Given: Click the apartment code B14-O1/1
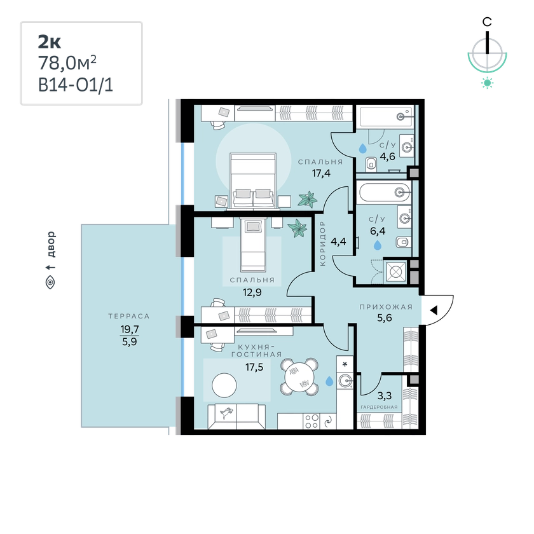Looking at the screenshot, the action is (75, 85).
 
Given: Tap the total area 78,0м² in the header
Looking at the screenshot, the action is (67, 63).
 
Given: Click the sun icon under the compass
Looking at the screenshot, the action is (488, 83).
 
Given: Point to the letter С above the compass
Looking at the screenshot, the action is (487, 22).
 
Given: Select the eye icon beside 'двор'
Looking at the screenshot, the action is (50, 282).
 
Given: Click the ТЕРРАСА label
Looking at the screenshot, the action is (129, 316).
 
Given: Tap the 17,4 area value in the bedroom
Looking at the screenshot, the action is (321, 174).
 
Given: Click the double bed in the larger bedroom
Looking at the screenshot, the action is (253, 181).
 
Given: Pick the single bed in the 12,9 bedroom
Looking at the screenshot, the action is (253, 245).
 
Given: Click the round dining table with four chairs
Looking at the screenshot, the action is (299, 376).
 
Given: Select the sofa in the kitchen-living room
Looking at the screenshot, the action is (236, 416).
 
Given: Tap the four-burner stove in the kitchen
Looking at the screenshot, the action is (311, 421).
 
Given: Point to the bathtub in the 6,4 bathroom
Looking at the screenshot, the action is (385, 193).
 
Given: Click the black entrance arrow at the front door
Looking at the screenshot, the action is (434, 310).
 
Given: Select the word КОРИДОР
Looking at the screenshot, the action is (322, 243).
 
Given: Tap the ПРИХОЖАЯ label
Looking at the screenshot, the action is (386, 307).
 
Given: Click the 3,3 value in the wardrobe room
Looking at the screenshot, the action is (385, 395).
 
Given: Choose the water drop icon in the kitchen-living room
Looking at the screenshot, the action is (329, 381).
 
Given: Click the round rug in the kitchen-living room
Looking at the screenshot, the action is (224, 385).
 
